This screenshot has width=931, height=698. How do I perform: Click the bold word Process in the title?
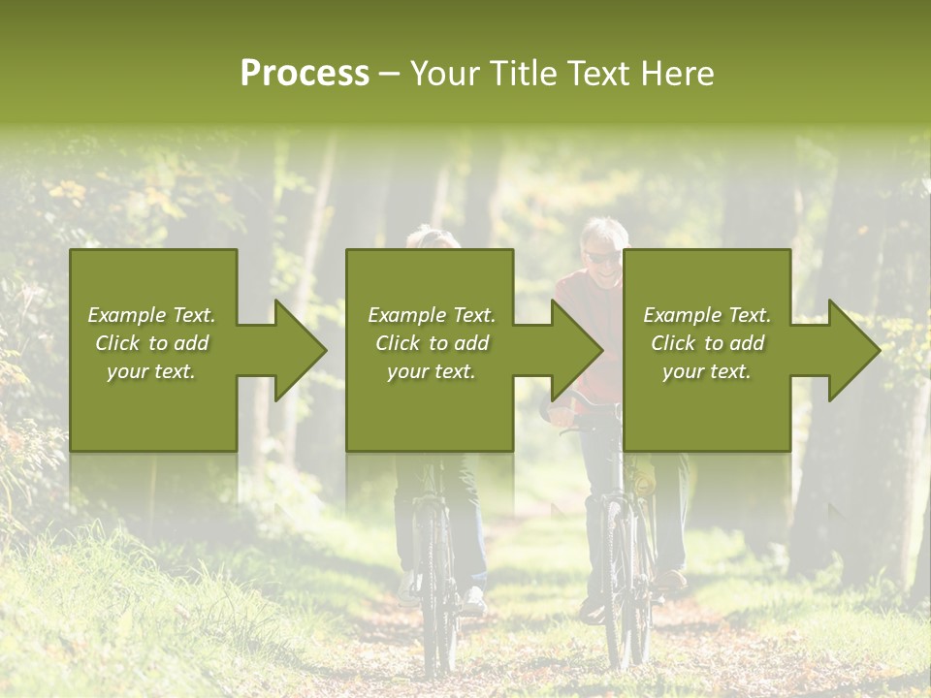point(305,74)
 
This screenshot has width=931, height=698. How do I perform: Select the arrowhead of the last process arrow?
point(852,350)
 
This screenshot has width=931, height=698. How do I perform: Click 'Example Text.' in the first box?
point(152,315)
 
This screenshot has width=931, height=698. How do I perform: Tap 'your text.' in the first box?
point(152,371)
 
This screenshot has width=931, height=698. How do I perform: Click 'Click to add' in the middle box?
point(432,343)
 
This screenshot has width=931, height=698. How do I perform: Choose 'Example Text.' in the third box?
point(707,315)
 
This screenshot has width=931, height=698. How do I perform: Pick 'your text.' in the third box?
point(707,371)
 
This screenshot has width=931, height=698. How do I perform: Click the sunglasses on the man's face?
point(601,257)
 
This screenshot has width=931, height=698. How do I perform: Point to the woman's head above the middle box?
point(432,238)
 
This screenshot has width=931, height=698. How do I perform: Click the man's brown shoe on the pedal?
point(668,581)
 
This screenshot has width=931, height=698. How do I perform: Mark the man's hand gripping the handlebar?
point(561,415)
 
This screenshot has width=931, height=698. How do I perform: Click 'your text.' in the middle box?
point(432,371)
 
